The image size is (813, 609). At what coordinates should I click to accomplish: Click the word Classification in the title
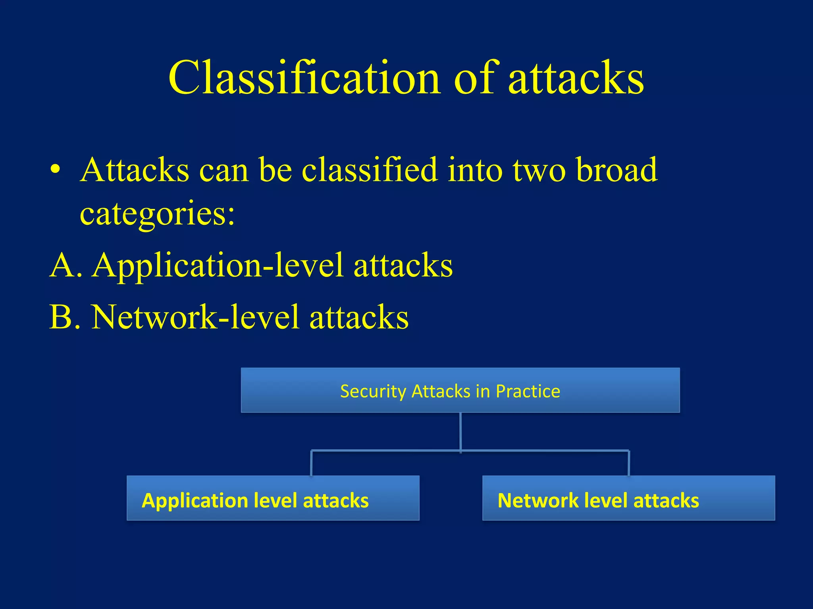304,78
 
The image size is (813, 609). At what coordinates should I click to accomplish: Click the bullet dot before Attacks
56,170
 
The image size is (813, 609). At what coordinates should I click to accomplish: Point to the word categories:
157,214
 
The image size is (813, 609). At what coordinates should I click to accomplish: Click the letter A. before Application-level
66,265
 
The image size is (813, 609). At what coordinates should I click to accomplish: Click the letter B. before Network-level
65,317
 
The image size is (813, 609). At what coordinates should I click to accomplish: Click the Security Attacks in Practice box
460,390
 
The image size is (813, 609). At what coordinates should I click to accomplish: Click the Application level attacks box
273,498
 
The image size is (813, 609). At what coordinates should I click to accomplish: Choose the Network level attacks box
628,498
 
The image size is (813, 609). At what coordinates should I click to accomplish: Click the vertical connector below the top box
460,431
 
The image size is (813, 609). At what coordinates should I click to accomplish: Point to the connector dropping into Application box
311,463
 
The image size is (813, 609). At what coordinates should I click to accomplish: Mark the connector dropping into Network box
629,463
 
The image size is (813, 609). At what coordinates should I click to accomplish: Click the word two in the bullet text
539,170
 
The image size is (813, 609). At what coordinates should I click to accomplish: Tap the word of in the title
474,78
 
